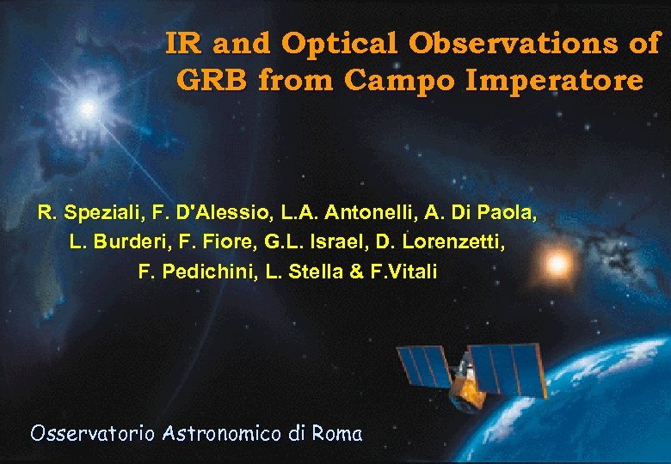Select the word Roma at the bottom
[x=336, y=433]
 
